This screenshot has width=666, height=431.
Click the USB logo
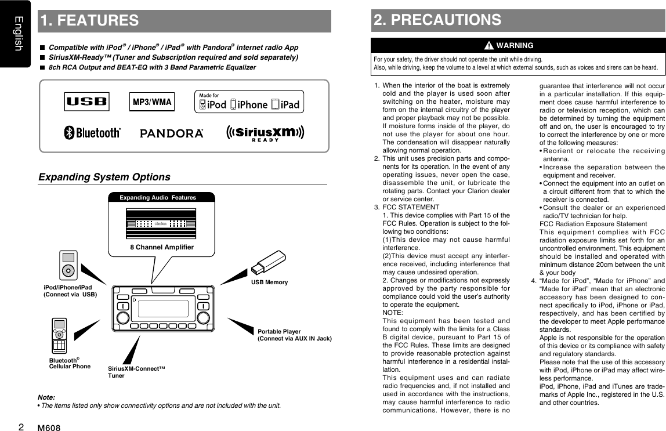tap(86, 102)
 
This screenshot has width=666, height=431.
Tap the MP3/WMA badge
tap(150, 102)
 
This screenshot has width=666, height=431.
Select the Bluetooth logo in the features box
tap(92, 133)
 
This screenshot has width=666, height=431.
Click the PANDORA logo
tap(172, 134)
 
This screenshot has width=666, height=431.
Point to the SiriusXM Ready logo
tap(265, 133)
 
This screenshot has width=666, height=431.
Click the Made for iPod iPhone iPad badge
tap(249, 102)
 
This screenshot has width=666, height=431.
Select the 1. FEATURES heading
tap(89, 21)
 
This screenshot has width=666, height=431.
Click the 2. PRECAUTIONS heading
tap(437, 20)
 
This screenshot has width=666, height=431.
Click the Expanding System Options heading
tap(104, 177)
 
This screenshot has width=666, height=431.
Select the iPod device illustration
tap(69, 265)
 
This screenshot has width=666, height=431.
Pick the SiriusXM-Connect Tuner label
tap(137, 372)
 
